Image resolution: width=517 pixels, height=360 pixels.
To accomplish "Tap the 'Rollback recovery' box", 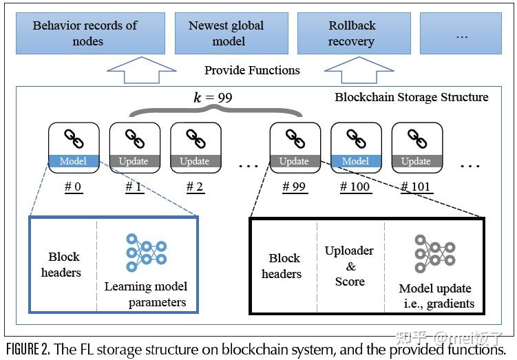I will pos(352,33).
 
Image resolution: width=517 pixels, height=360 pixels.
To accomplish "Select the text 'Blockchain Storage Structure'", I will pos(411,97).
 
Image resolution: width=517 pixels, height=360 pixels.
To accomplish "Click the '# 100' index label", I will pos(355,187).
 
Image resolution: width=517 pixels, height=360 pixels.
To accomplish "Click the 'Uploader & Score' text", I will pos(350,266).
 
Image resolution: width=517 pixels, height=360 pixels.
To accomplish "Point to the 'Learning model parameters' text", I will pos(146,294).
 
